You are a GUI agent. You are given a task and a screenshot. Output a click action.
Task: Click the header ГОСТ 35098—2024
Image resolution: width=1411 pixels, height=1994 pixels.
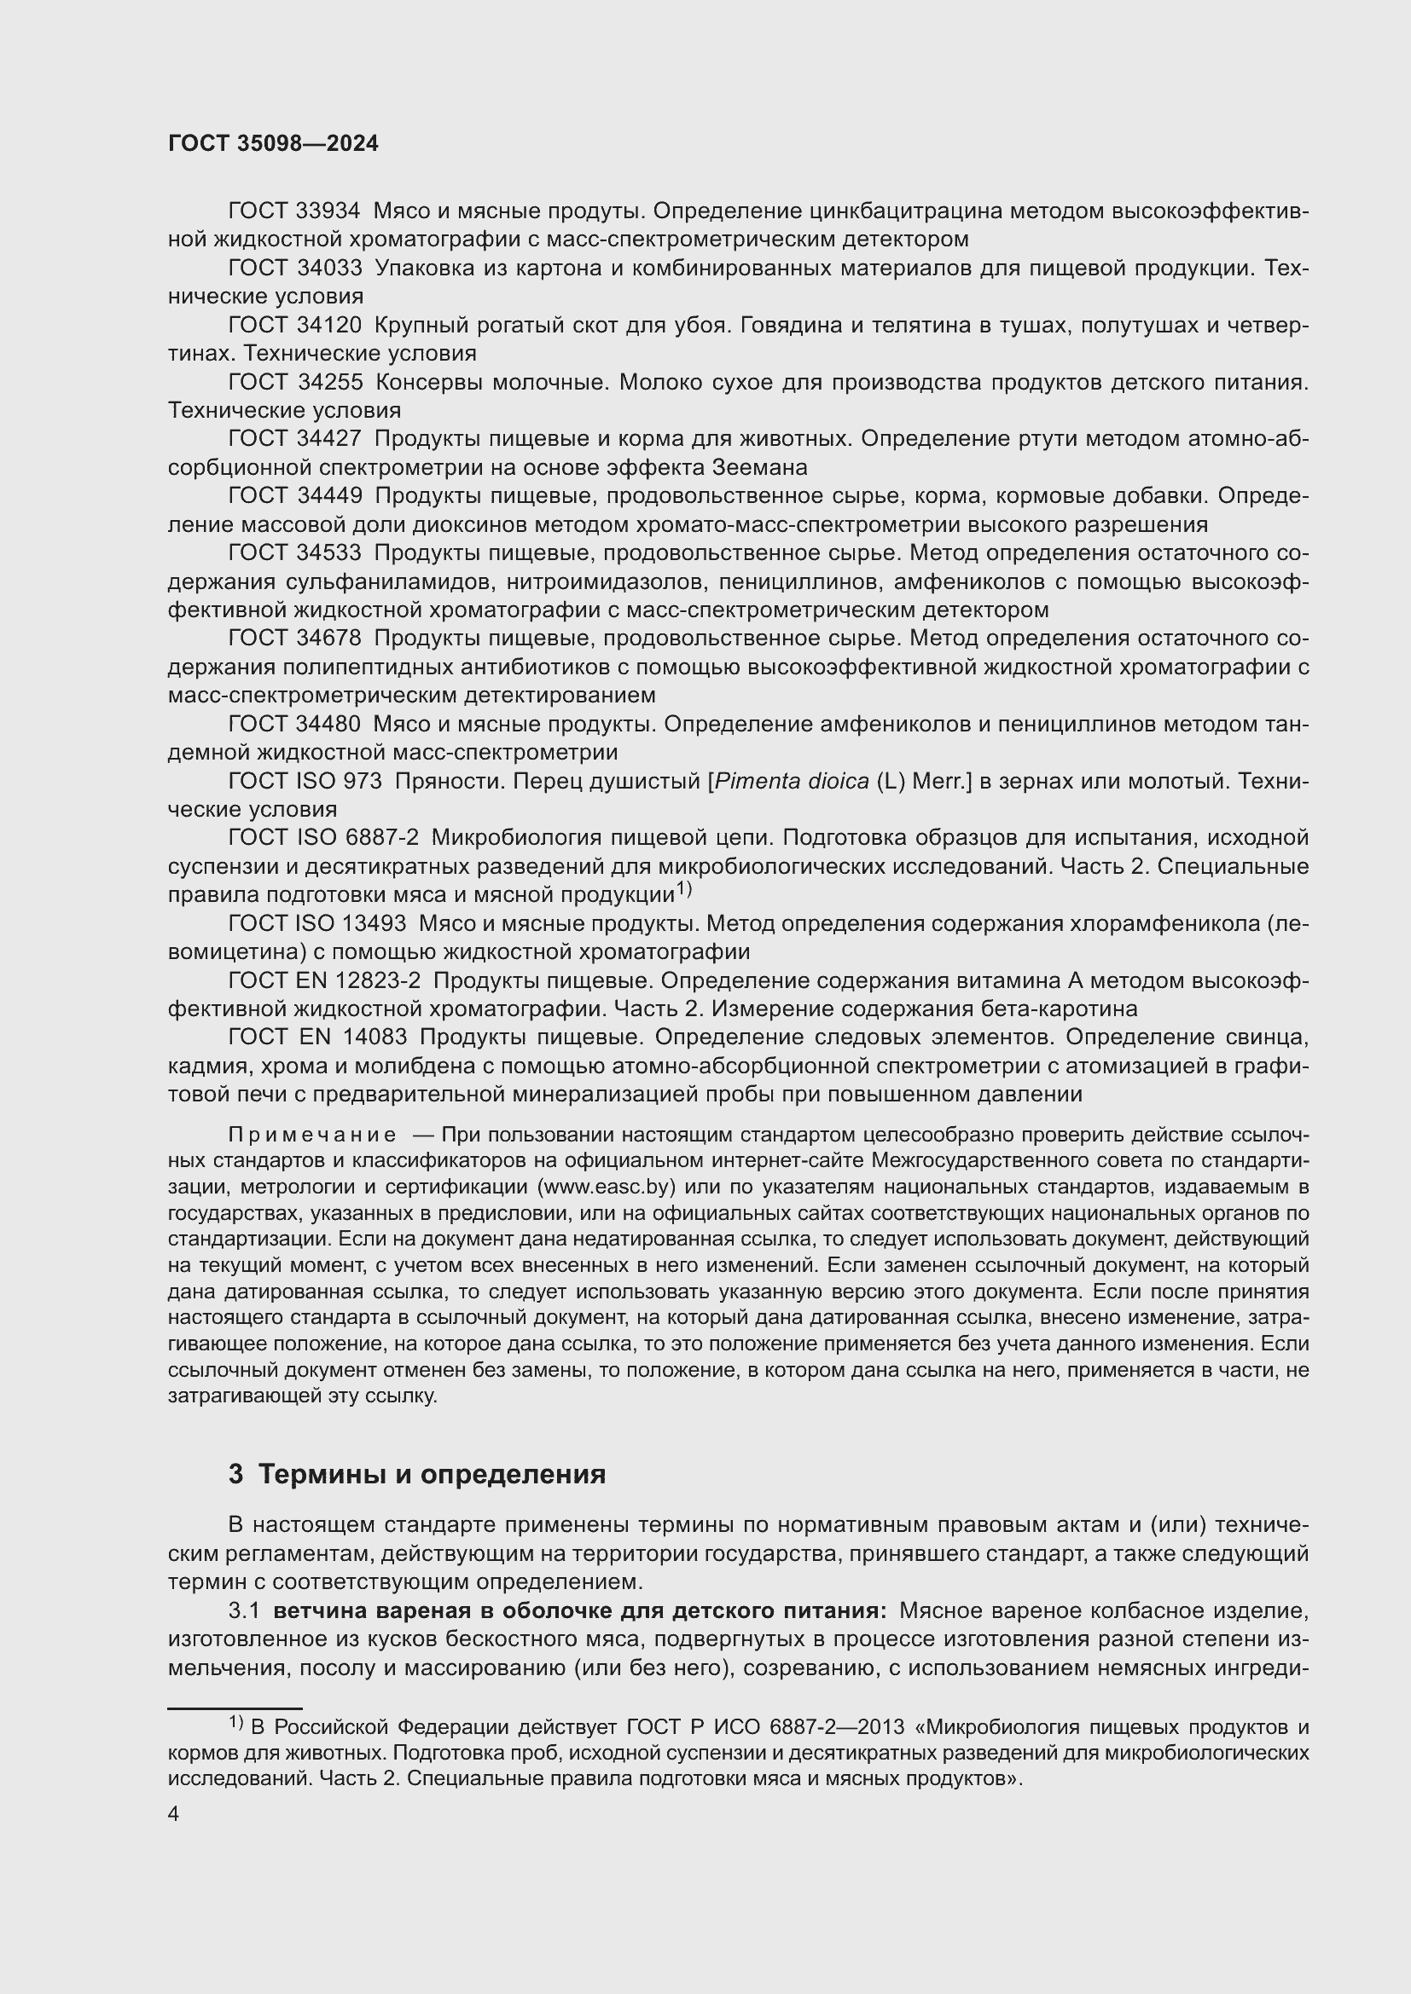click(x=273, y=144)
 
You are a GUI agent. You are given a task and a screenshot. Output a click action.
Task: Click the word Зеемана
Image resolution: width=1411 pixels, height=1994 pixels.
click(x=759, y=468)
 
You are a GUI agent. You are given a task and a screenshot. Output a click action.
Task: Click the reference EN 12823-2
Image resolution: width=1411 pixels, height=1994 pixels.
click(x=359, y=980)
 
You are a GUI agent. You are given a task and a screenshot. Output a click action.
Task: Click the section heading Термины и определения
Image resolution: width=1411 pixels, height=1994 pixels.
click(x=432, y=1474)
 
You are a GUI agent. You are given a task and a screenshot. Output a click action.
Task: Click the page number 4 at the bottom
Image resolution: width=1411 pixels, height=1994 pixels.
click(x=174, y=1814)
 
